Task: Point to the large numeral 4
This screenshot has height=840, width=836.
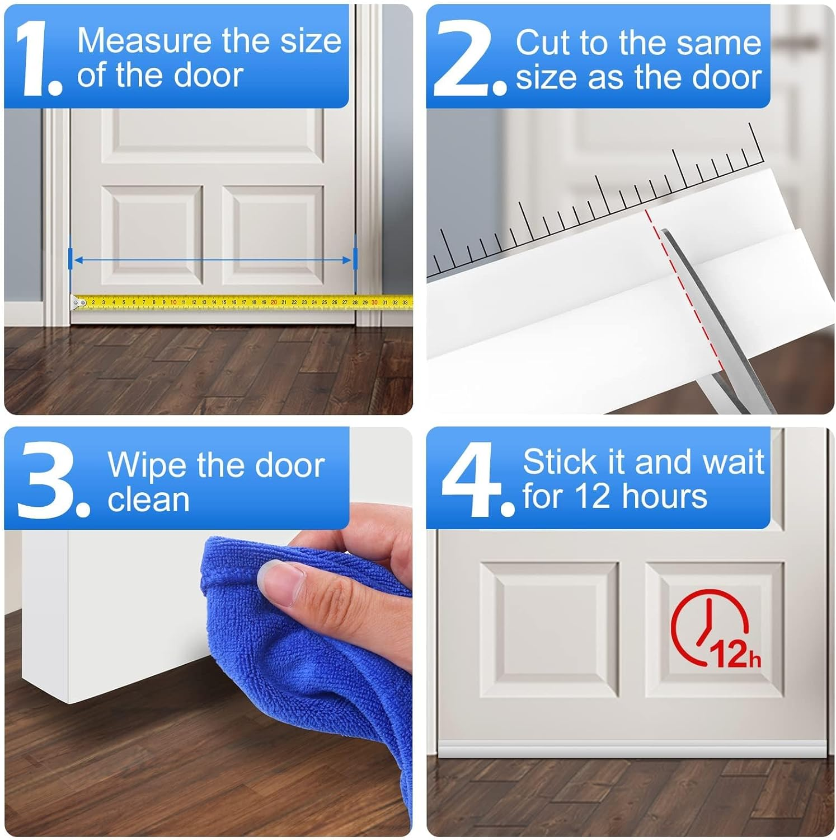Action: [x=471, y=480]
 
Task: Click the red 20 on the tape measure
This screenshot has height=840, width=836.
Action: [x=273, y=302]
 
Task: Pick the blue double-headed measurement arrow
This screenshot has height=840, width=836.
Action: [x=213, y=259]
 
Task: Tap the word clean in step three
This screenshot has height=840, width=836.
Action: [x=148, y=500]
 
